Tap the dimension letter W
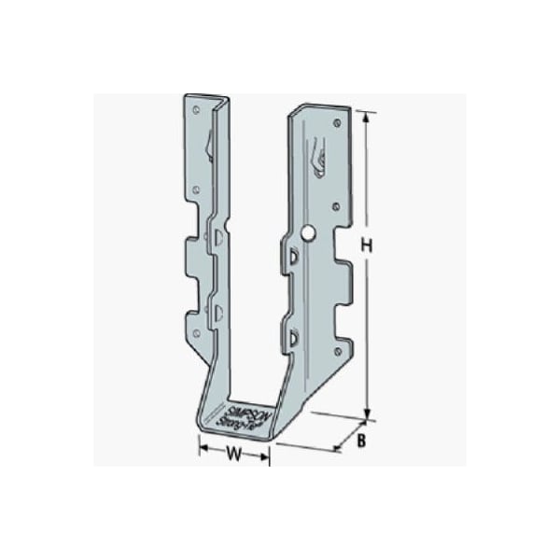click(x=235, y=456)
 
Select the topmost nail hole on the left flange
click(x=196, y=109)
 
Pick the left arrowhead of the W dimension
click(x=203, y=456)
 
